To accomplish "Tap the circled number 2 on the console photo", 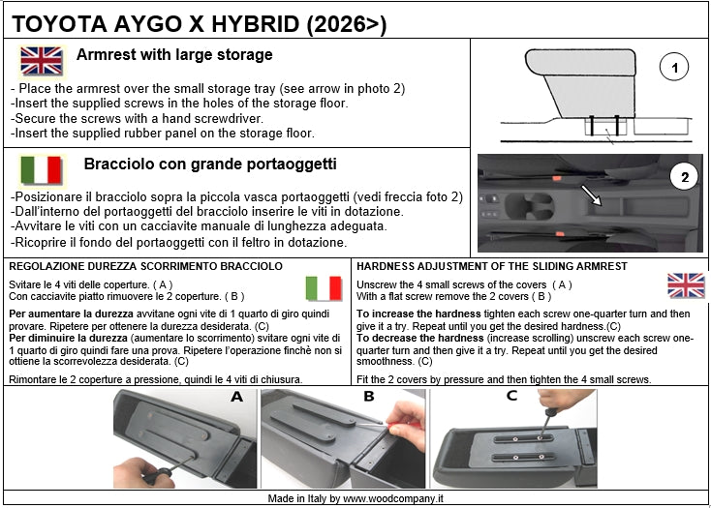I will pos(685,177).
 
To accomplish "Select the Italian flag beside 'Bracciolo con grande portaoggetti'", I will pos(41,170).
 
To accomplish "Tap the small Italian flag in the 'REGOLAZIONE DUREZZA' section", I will pos(324,287).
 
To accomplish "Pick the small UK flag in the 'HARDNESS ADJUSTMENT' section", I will pos(686,285).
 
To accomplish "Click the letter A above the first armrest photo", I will pos(235,397).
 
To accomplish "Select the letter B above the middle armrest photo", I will pos(368,397).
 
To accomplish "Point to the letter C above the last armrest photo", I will pos(511,396).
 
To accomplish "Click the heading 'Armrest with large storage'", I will pos(174,55).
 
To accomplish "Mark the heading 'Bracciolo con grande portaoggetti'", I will pos(210,164).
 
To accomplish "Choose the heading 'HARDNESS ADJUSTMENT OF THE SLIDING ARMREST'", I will pos(491,266).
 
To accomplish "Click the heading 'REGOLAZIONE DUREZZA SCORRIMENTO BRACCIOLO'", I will pos(145,266).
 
